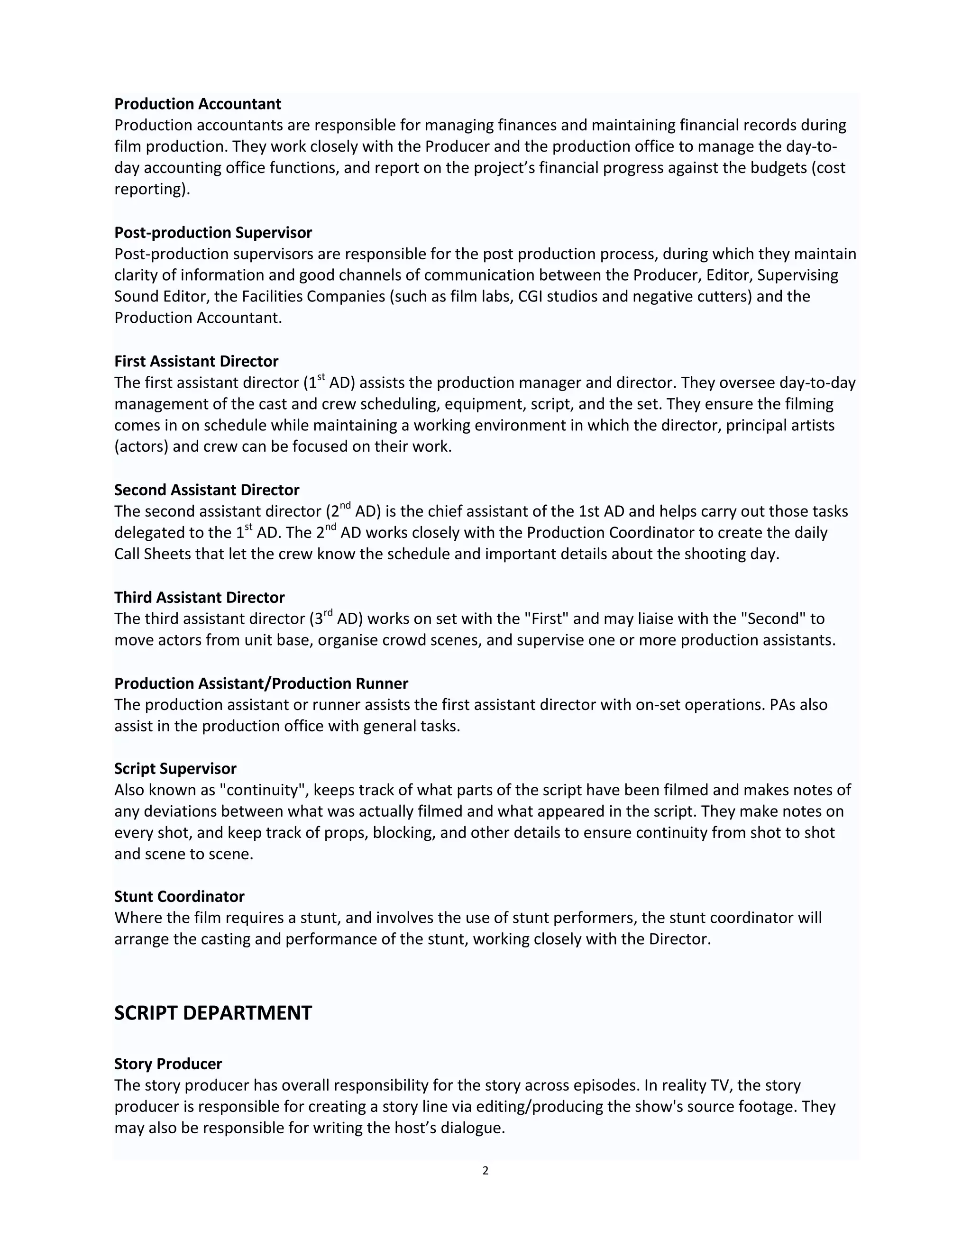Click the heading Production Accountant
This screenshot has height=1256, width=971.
(x=197, y=104)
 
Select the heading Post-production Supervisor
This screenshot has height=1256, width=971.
(x=213, y=232)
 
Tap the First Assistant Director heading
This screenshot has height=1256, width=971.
(x=196, y=361)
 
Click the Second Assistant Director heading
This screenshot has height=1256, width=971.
(x=207, y=490)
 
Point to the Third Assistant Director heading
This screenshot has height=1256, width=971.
(x=199, y=598)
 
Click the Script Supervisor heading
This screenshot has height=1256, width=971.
(x=175, y=768)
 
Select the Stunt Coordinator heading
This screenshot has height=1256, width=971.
(x=179, y=897)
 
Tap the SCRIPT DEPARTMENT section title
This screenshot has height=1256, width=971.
(x=213, y=1013)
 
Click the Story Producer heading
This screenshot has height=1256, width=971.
(x=168, y=1064)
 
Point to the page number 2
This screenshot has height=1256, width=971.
(x=485, y=1171)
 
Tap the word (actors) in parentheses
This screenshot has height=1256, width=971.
(x=141, y=447)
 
